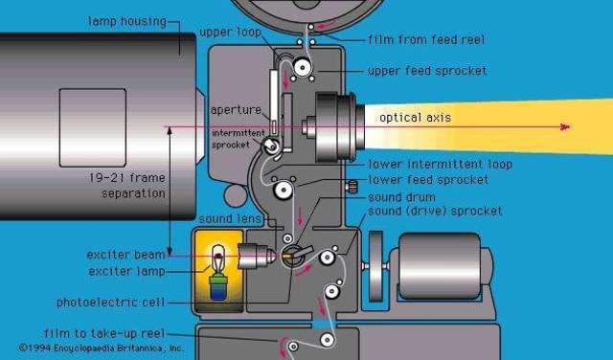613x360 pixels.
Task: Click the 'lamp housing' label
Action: [126, 20]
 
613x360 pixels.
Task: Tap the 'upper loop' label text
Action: [229, 33]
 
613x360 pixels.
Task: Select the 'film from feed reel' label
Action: [426, 40]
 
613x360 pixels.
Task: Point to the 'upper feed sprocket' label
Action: [428, 71]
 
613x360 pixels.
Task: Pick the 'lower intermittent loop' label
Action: [440, 165]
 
